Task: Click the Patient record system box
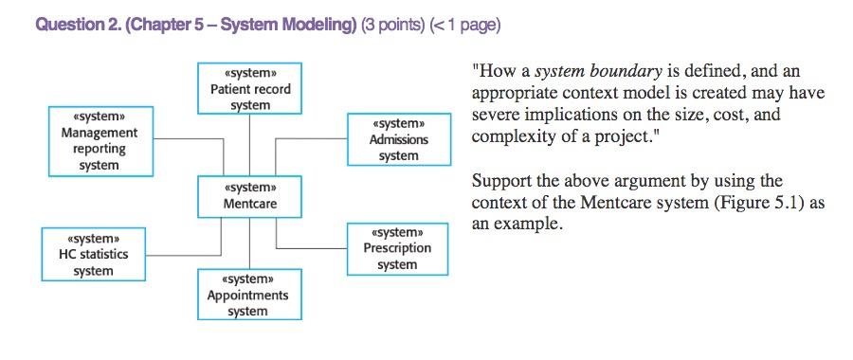coord(250,89)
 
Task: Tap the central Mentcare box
coord(250,195)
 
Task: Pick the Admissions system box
coord(398,140)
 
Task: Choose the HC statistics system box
coord(93,254)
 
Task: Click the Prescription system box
coord(398,248)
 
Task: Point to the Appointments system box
coord(250,295)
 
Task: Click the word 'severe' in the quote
coord(497,115)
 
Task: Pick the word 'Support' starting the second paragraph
coord(501,180)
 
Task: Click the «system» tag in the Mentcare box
coord(250,188)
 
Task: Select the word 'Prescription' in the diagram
coord(398,248)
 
